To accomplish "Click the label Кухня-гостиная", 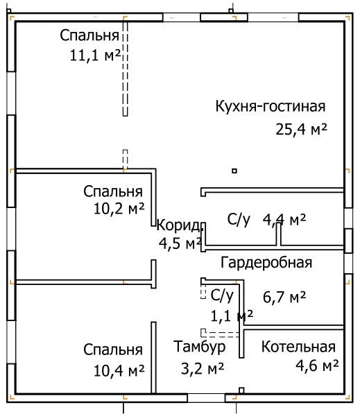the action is pyautogui.click(x=271, y=107).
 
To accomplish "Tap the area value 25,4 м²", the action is pyautogui.click(x=301, y=129).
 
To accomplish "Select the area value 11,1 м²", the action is pyautogui.click(x=95, y=55).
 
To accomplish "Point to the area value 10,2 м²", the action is pyautogui.click(x=119, y=209).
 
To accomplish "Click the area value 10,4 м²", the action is pyautogui.click(x=119, y=370).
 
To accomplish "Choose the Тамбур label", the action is pyautogui.click(x=199, y=347).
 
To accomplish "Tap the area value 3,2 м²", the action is pyautogui.click(x=203, y=368).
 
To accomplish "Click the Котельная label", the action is pyautogui.click(x=298, y=347).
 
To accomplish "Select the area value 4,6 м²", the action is pyautogui.click(x=317, y=365).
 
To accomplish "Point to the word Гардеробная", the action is pyautogui.click(x=266, y=263).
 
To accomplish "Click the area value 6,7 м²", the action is pyautogui.click(x=284, y=297).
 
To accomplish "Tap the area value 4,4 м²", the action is pyautogui.click(x=284, y=220).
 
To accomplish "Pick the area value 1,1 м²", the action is pyautogui.click(x=232, y=316).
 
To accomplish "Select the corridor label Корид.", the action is pyautogui.click(x=179, y=226).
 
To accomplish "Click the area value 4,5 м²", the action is pyautogui.click(x=180, y=243).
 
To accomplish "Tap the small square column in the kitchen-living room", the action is pyautogui.click(x=234, y=171).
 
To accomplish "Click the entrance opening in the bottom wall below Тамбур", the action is pyautogui.click(x=206, y=398).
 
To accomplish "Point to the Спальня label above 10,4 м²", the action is pyautogui.click(x=113, y=350).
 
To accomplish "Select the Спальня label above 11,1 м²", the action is pyautogui.click(x=89, y=35).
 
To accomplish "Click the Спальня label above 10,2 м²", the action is pyautogui.click(x=113, y=191).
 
